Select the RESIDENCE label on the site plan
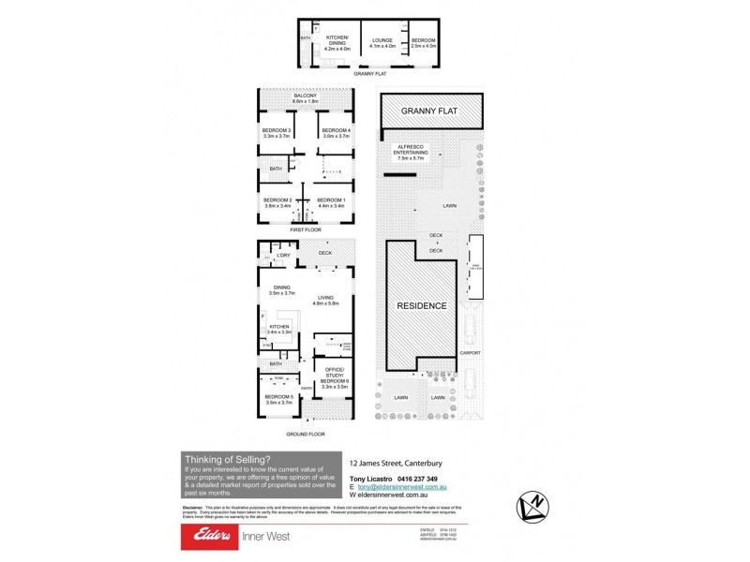(x=421, y=306)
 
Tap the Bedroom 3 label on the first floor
(x=277, y=133)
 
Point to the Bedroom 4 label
(x=336, y=133)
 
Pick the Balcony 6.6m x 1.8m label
(x=306, y=98)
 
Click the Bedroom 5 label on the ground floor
(x=278, y=400)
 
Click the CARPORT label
(x=471, y=353)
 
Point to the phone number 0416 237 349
(x=427, y=480)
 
